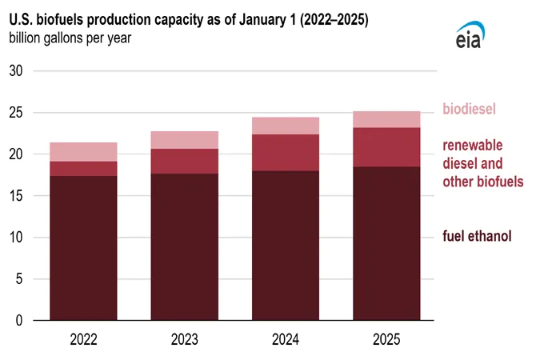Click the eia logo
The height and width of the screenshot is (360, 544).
pos(468,34)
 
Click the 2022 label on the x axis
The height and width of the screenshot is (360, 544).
pos(83,339)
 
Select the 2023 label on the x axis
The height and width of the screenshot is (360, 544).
pos(184,339)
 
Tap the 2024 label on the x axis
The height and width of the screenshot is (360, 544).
pos(286,339)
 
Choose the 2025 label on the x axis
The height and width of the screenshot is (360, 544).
pos(386,339)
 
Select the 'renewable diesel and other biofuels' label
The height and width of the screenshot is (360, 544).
pos(483,163)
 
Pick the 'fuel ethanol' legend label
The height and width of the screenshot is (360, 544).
pos(477,235)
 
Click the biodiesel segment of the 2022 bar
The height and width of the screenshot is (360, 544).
pos(83,152)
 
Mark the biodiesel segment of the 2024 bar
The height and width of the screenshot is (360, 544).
pos(286,126)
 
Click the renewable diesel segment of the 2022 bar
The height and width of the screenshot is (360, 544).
pos(83,168)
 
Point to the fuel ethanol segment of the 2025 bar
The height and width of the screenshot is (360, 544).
pos(386,243)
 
